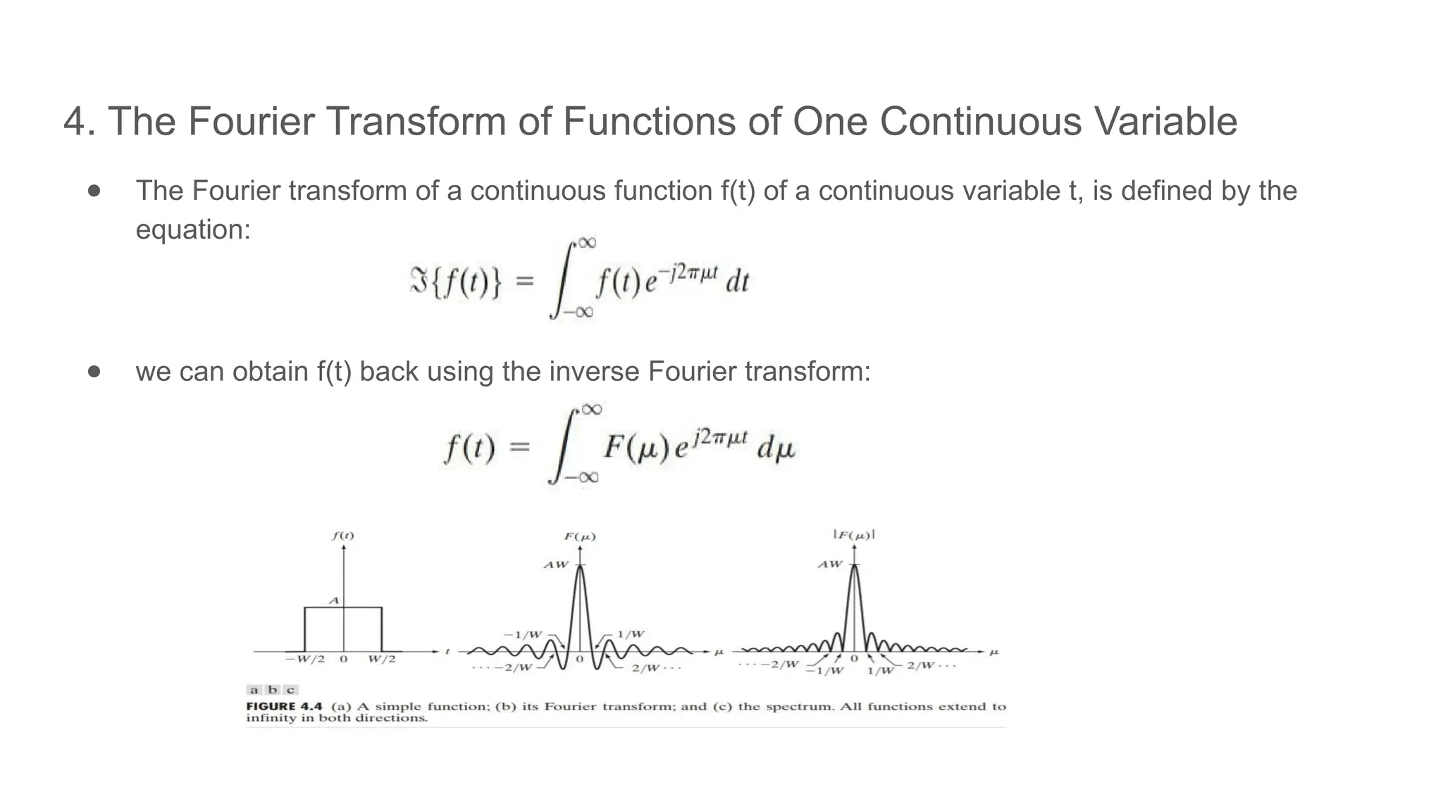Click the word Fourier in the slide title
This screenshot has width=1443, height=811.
pos(250,121)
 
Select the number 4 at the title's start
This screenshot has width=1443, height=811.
pos(75,122)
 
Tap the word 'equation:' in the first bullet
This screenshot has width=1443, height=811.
pos(193,230)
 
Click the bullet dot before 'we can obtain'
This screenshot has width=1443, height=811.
pos(94,371)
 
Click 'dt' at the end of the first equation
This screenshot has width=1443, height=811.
pos(737,282)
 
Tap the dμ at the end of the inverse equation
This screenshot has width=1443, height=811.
pos(776,448)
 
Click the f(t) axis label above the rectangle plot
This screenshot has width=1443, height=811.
pos(343,536)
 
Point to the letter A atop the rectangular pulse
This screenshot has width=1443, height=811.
pos(335,601)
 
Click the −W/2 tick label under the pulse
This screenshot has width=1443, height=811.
pos(305,660)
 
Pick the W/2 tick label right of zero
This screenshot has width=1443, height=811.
pos(382,660)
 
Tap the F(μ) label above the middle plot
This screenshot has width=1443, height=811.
pos(580,536)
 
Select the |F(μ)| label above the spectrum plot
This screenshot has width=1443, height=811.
pos(854,535)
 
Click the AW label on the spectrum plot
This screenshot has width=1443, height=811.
pos(829,564)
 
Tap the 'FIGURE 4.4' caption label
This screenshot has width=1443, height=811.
pos(284,706)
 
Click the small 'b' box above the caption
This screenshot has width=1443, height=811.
pos(273,690)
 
